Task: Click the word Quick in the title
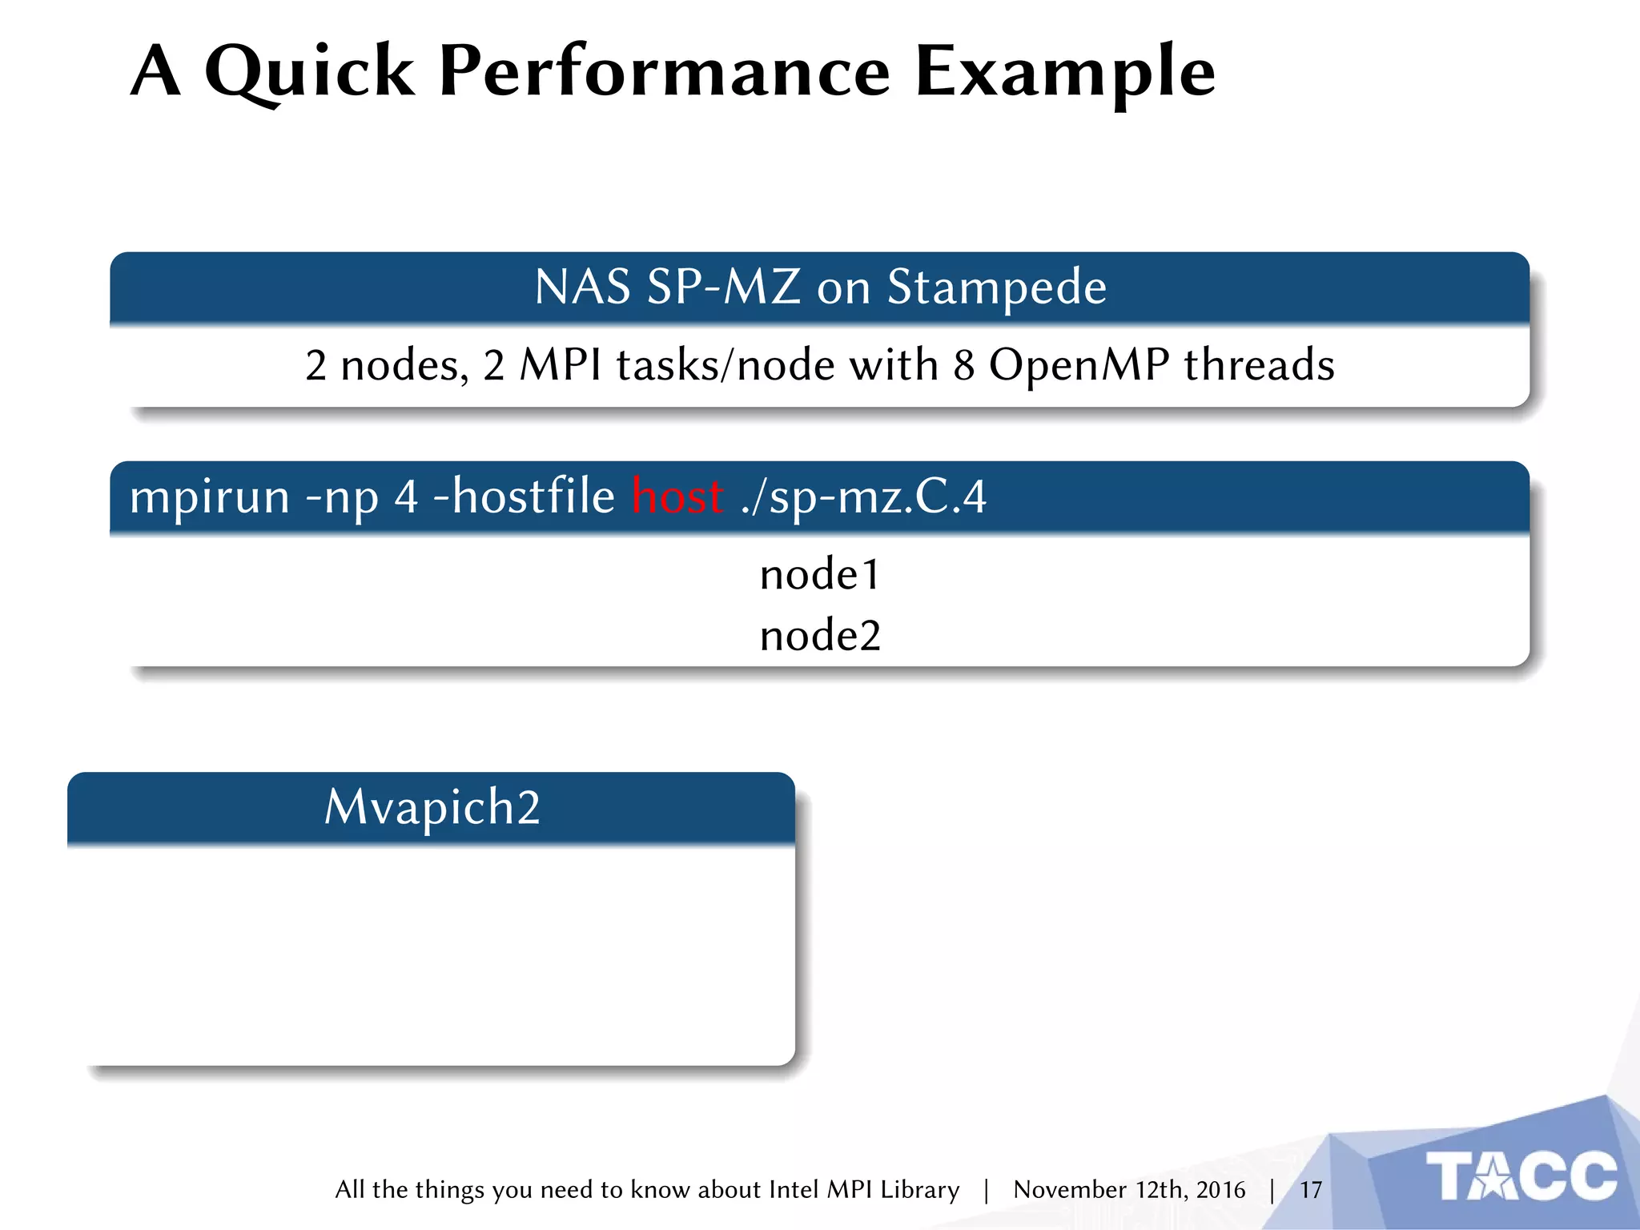point(309,72)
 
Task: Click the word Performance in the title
point(664,72)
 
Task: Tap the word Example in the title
point(1064,72)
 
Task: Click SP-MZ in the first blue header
point(723,287)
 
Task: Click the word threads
point(1259,365)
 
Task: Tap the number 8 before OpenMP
point(963,365)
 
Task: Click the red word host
point(677,496)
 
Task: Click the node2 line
point(819,637)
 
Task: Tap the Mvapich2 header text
point(432,807)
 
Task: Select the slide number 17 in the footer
point(1310,1190)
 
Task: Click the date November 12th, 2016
point(1129,1190)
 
